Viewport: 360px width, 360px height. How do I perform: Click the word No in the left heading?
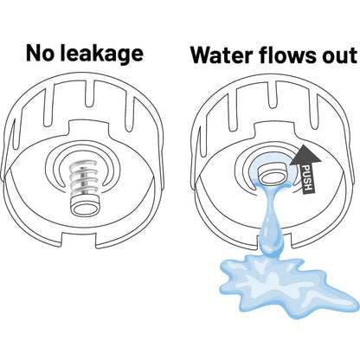(x=40, y=54)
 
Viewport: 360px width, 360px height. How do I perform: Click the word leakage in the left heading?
(x=102, y=55)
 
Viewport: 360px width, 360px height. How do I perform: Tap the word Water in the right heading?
(x=222, y=55)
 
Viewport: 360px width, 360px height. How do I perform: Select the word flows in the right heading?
(x=287, y=55)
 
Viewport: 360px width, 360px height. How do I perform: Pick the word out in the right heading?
(x=340, y=56)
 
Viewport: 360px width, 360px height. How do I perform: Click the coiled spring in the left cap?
(x=84, y=179)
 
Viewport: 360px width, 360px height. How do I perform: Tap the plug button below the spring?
(x=85, y=206)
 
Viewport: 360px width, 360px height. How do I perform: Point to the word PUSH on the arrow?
(x=306, y=177)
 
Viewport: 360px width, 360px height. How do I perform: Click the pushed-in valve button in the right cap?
(x=273, y=174)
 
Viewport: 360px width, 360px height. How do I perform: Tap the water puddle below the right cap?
(x=286, y=286)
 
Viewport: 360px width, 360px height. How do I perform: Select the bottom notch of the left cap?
(x=79, y=241)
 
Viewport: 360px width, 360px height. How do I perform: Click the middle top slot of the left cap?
(x=92, y=99)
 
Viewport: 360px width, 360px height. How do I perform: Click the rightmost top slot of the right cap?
(x=315, y=112)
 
